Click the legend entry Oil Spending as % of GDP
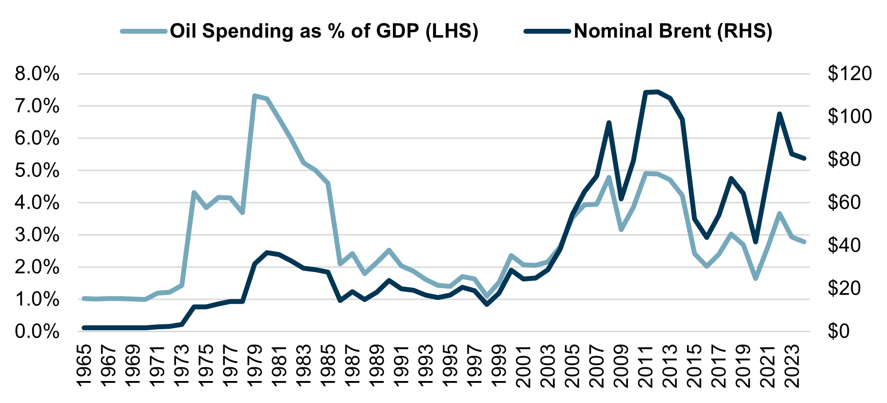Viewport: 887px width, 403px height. coord(324,31)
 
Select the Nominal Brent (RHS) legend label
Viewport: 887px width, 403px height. coord(673,31)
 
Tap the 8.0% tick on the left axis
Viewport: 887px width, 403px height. coord(37,74)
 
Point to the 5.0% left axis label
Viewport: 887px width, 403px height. coord(37,171)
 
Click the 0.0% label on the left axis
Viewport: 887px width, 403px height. coord(37,332)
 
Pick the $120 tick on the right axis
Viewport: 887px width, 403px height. coord(849,74)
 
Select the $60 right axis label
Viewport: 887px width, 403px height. coord(849,202)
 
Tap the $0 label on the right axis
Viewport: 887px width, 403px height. coord(839,331)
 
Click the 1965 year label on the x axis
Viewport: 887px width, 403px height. coord(84,366)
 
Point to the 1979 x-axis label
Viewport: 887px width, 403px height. coord(255,366)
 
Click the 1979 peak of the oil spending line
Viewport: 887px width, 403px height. coord(255,96)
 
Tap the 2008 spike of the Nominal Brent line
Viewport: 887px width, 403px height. coord(609,123)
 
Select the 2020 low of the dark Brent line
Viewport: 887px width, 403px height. coord(756,242)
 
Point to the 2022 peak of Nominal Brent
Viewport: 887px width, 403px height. coord(780,114)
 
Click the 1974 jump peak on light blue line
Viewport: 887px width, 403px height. coord(194,192)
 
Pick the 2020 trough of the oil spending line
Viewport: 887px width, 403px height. coord(756,278)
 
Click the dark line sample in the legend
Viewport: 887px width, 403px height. coord(547,31)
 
